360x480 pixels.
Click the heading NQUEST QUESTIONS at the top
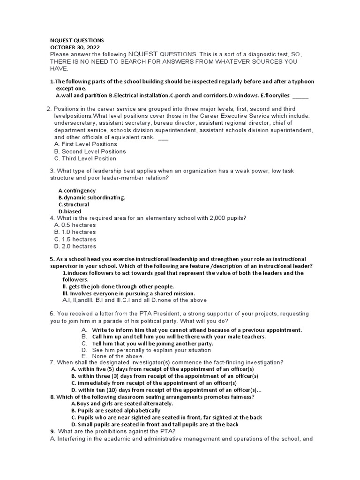point(77,40)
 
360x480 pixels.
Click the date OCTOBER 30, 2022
point(75,47)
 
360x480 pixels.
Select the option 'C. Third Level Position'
point(85,158)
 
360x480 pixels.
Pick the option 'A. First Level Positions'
point(85,144)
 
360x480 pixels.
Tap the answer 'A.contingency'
point(77,191)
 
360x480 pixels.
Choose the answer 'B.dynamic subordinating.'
point(91,198)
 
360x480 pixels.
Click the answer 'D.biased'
point(70,212)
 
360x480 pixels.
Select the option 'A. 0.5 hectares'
point(75,225)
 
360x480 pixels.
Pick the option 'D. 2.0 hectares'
point(75,246)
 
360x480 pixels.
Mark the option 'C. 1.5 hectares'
point(75,239)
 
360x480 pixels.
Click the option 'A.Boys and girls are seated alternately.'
point(122,403)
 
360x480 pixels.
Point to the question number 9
point(52,431)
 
